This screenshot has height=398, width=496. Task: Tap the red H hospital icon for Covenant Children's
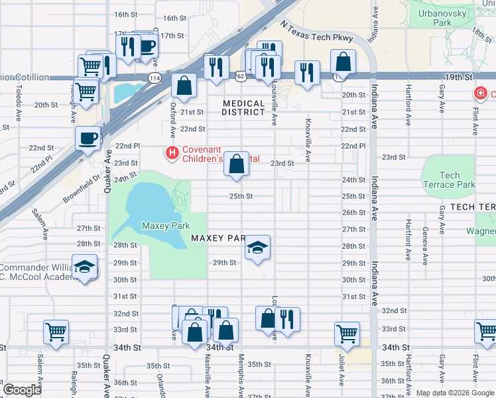coord(172,153)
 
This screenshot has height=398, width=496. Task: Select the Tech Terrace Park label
coord(449,180)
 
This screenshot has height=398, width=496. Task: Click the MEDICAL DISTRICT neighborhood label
coord(243,107)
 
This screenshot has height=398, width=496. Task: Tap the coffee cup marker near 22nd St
coord(88,139)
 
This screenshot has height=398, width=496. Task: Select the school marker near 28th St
coord(258,249)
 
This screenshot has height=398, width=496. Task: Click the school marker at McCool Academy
coord(84,267)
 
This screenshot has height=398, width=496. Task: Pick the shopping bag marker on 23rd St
coord(236,163)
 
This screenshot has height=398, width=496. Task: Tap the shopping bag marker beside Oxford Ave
coord(184,86)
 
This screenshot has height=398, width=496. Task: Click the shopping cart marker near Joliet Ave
coord(347,334)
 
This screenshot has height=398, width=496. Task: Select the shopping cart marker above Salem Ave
coord(56,332)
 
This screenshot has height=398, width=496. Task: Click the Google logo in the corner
coord(22,390)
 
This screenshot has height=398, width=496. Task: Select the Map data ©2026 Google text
coord(454,393)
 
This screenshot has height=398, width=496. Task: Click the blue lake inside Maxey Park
coord(146,202)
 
